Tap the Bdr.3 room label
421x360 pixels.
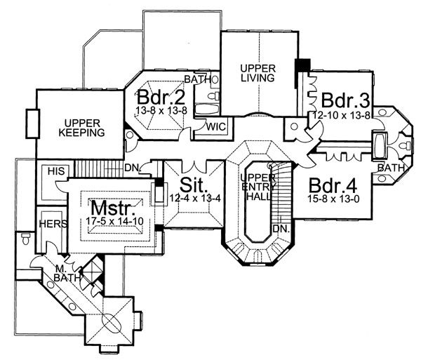coord(340,95)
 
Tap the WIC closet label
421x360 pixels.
coord(215,127)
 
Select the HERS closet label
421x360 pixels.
coord(53,224)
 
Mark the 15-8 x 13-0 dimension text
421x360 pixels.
coord(331,202)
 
